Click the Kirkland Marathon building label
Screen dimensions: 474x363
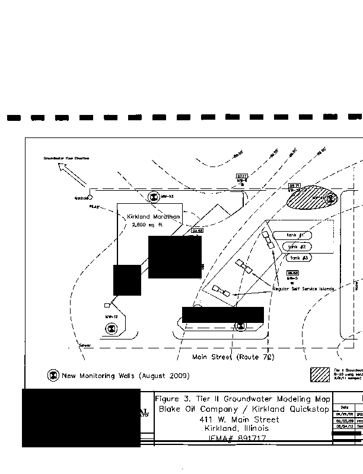(154, 217)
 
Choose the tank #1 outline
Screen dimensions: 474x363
(295, 235)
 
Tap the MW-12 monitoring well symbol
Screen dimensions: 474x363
(110, 327)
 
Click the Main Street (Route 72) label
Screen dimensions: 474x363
(233, 357)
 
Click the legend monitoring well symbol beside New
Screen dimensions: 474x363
(53, 376)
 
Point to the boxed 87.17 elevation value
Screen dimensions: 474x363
(241, 177)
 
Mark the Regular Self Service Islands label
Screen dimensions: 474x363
(304, 289)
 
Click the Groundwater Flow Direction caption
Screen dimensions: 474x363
(66, 159)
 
